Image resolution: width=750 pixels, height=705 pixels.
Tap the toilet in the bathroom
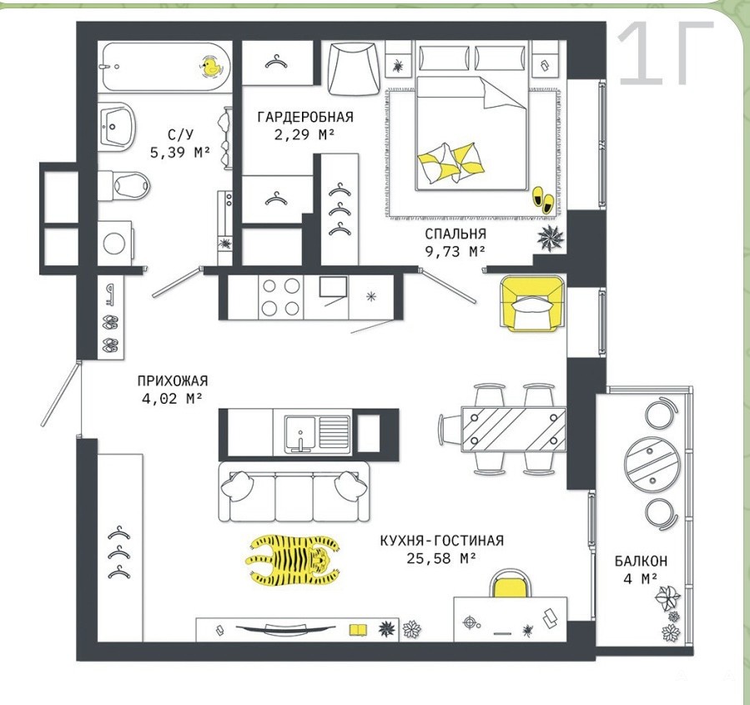pyautogui.click(x=124, y=184)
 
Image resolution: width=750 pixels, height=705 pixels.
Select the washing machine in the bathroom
pyautogui.click(x=115, y=243)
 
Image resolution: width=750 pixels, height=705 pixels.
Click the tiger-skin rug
pyautogui.click(x=293, y=560)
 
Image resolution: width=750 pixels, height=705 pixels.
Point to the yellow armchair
pyautogui.click(x=532, y=303)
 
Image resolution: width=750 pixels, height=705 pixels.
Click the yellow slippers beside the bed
pyautogui.click(x=542, y=199)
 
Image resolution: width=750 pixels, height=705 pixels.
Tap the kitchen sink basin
pyautogui.click(x=300, y=433)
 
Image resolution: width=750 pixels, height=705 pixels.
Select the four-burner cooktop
pyautogui.click(x=281, y=297)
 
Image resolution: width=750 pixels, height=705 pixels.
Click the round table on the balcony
pyautogui.click(x=652, y=463)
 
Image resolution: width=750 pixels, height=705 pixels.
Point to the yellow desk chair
pyautogui.click(x=511, y=583)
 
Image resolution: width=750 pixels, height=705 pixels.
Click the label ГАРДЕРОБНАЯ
pyautogui.click(x=305, y=117)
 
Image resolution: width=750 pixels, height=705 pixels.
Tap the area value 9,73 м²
pyautogui.click(x=456, y=250)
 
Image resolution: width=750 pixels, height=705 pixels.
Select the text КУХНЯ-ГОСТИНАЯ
pyautogui.click(x=441, y=541)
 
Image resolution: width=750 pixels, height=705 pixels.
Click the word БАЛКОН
pyautogui.click(x=641, y=561)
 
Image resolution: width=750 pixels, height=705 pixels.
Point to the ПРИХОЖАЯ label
pyautogui.click(x=173, y=380)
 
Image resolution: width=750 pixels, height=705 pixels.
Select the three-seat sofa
pyautogui.click(x=294, y=491)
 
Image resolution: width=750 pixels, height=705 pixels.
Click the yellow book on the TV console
pyautogui.click(x=358, y=630)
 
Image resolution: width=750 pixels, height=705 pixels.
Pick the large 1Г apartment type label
pyautogui.click(x=666, y=53)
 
